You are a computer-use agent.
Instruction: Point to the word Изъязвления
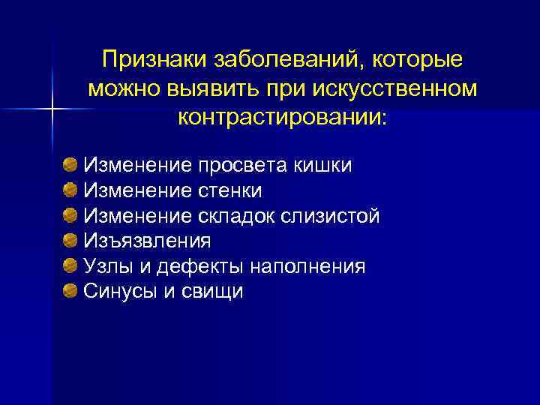pos(147,241)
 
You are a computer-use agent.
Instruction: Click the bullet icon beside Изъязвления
pos(70,241)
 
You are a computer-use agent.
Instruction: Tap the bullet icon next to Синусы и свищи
pos(70,291)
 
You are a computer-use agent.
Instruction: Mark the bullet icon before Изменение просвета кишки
pos(70,164)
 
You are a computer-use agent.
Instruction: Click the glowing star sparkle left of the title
pos(53,109)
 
